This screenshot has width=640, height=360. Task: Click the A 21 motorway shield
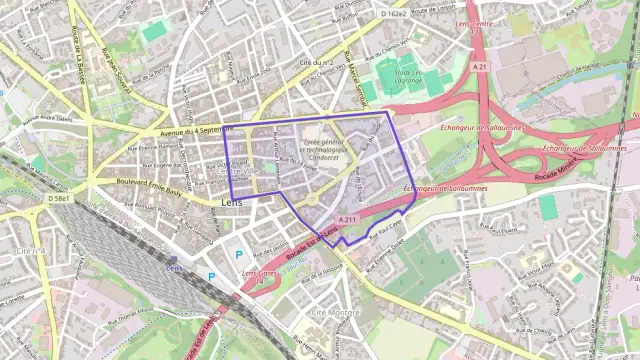[480, 67]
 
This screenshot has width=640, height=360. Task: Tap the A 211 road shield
[347, 218]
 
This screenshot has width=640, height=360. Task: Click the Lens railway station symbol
[174, 267]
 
